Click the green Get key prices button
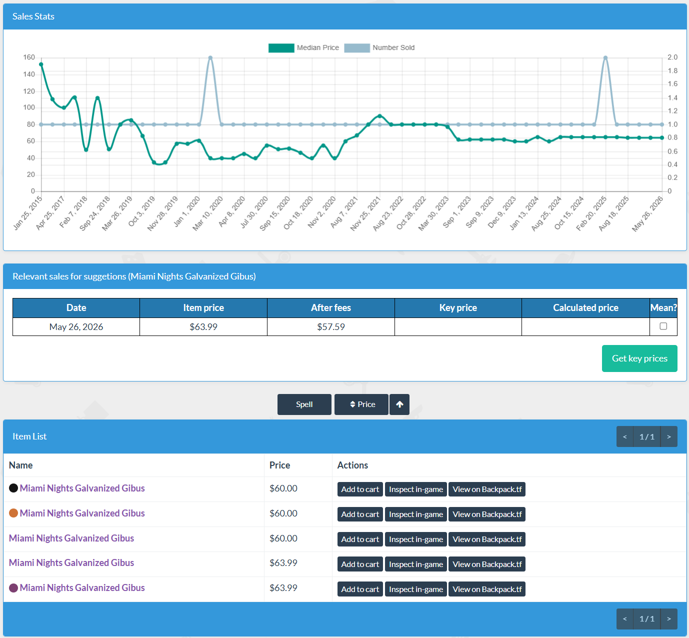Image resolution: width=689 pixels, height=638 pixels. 639,358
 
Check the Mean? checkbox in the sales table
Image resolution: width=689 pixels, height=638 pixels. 663,326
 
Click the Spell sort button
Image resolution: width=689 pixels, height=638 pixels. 304,404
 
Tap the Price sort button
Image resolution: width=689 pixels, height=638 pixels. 361,404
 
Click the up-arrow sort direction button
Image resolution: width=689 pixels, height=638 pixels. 399,404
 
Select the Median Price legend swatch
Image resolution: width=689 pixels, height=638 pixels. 281,48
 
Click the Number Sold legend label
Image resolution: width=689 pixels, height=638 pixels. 393,47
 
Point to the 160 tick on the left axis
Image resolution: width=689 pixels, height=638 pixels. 29,57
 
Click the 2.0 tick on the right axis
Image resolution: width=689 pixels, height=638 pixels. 672,57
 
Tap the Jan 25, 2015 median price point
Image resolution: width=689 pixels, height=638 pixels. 41,64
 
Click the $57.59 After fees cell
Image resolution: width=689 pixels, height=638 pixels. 330,327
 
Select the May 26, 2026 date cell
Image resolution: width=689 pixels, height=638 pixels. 76,327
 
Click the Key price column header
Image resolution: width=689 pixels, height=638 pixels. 458,307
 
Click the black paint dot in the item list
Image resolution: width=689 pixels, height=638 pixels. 13,488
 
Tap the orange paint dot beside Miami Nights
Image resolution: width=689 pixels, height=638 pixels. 13,513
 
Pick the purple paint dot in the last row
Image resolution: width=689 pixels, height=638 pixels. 13,588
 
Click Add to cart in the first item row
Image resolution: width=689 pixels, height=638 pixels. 360,489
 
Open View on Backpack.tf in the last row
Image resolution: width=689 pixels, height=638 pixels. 486,589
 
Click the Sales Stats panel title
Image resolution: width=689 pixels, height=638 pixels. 33,16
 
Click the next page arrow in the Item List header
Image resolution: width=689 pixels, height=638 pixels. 669,436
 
